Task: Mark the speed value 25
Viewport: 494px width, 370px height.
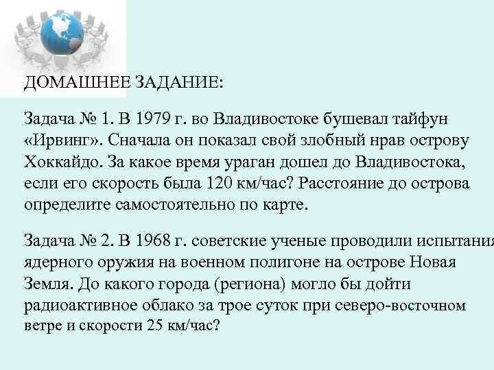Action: [156, 325]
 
